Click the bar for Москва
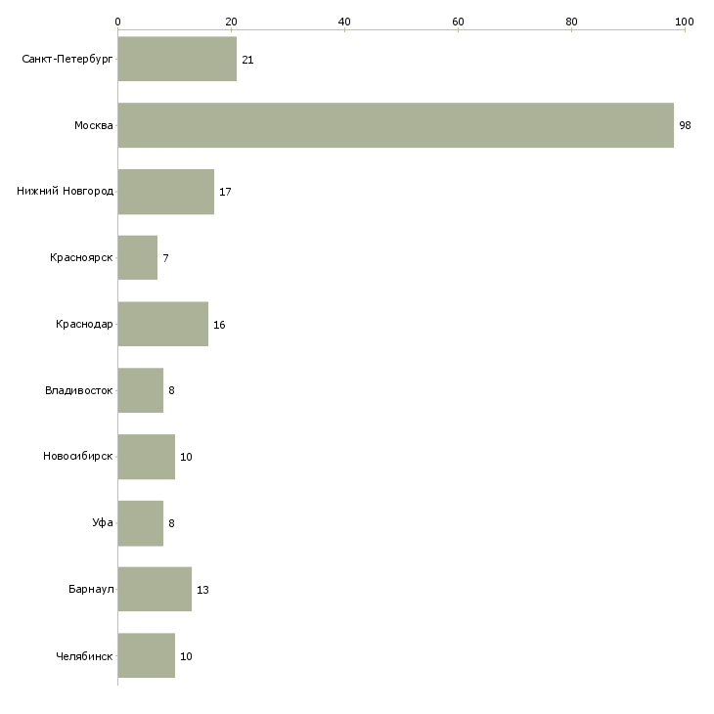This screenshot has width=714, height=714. (395, 125)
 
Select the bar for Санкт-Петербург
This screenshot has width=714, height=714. (177, 60)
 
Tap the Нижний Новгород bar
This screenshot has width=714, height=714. (165, 192)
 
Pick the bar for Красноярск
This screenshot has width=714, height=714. (137, 258)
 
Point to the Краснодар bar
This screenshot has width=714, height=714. (162, 324)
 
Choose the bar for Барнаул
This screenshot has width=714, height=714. (155, 590)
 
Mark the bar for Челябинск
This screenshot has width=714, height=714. (146, 655)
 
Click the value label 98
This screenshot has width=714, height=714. (685, 126)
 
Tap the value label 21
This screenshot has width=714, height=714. (247, 61)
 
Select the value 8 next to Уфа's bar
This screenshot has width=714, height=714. (171, 524)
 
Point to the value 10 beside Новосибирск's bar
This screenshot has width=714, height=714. (186, 458)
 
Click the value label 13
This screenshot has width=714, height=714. (202, 591)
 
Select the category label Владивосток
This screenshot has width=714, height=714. (78, 391)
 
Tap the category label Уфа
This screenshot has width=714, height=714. (103, 523)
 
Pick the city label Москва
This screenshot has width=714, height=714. (94, 126)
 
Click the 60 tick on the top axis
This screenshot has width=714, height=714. (458, 21)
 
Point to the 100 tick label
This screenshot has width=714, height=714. (684, 21)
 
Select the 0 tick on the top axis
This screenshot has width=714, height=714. (117, 21)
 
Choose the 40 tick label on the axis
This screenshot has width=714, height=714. (344, 21)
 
